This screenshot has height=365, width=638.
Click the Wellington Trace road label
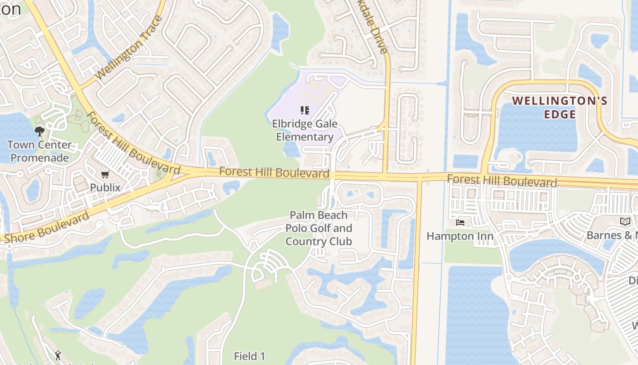point(129,51)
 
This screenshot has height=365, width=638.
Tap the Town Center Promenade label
point(39,151)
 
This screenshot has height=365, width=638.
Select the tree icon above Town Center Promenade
point(40,132)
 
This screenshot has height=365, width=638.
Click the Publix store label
point(105,187)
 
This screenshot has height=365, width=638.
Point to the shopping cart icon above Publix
point(105,174)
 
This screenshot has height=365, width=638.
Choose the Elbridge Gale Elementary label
point(305,130)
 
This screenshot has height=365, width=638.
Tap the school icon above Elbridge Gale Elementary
point(305,110)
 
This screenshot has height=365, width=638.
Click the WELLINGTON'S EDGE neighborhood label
point(560,107)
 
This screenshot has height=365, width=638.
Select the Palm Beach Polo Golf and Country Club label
point(319,228)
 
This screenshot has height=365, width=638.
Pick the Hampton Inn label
point(460,236)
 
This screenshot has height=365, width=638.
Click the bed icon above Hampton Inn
point(460,223)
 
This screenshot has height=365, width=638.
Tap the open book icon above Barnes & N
point(625,222)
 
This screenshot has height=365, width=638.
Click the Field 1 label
point(249,356)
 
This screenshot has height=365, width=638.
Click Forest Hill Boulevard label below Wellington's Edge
point(502,181)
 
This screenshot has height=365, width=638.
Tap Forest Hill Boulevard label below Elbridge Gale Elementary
point(274,172)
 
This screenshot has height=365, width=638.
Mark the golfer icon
point(58,355)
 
